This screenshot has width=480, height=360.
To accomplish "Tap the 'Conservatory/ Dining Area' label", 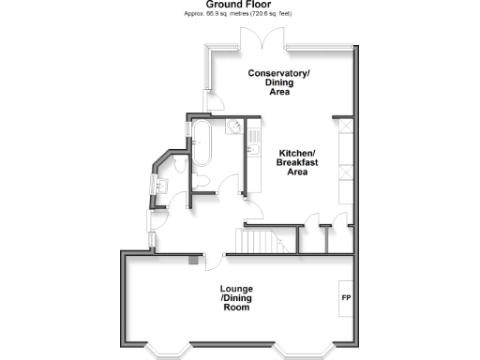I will pos(278,82).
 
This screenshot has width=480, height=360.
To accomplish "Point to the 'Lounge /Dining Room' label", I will pos(234,297).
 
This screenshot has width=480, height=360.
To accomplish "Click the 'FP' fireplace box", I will pos(344,297).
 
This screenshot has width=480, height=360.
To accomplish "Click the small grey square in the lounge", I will pos(193,260).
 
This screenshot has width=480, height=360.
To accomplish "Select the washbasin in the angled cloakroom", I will pos(159,184).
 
